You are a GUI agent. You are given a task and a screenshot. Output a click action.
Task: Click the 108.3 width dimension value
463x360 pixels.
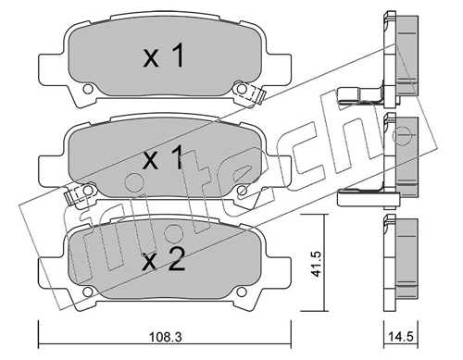click(x=166, y=337)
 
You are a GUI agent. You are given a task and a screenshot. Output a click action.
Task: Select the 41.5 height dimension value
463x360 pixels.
click(x=316, y=264)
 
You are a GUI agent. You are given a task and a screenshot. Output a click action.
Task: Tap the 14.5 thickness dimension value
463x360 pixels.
click(x=401, y=337)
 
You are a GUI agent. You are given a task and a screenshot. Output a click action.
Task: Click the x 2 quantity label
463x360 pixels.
click(x=164, y=261)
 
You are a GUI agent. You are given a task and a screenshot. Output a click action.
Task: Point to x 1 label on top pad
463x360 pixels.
click(x=164, y=56)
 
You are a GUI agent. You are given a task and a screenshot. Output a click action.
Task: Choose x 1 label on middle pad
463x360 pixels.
click(x=164, y=158)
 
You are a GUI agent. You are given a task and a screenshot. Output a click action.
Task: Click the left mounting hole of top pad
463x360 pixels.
click(x=88, y=89)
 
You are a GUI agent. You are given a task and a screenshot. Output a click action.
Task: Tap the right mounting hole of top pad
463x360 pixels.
click(x=242, y=89)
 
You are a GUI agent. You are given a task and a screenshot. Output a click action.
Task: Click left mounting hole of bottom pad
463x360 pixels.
click(x=88, y=292)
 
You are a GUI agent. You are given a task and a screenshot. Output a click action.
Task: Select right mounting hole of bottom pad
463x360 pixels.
click(x=242, y=292)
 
